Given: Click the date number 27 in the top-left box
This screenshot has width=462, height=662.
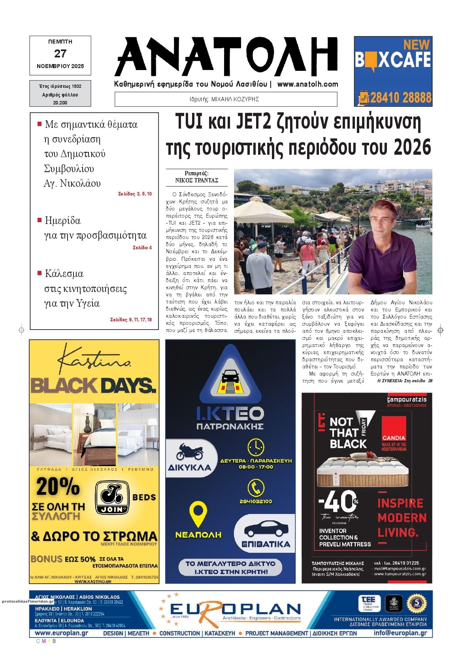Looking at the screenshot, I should [60, 53].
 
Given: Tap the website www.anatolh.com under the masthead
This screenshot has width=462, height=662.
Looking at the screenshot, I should [307, 84].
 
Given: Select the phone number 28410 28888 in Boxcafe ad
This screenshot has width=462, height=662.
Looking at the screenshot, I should [400, 97].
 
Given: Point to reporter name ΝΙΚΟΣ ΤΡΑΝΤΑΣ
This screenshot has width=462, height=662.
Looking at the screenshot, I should [197, 180].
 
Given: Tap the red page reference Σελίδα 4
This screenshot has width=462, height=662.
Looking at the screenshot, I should [142, 248].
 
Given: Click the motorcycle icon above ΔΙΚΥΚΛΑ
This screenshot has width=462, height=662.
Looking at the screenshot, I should [191, 451].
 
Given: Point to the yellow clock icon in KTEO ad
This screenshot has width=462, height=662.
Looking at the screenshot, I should [256, 447].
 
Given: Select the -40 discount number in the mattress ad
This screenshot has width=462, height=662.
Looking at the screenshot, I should [338, 501].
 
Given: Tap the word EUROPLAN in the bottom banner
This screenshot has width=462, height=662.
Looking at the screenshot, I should [236, 609].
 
